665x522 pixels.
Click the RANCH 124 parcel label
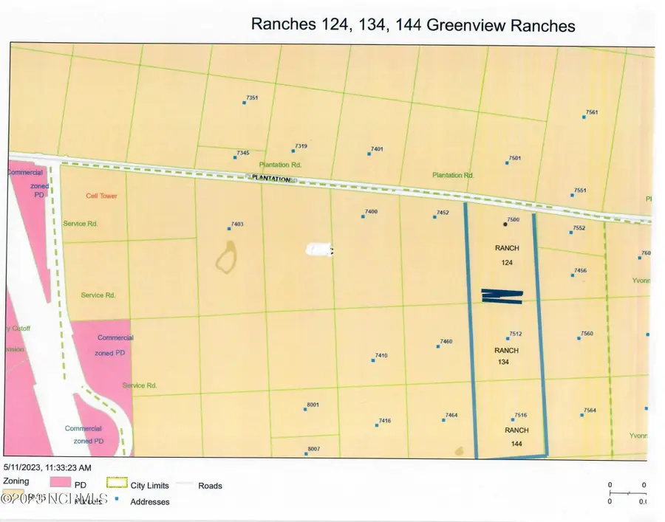(507, 255)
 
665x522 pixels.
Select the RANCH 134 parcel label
(507, 356)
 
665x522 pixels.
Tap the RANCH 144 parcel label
(516, 436)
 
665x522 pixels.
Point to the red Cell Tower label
(101, 196)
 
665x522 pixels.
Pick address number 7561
(591, 112)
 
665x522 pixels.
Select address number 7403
(237, 224)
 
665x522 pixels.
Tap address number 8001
(313, 405)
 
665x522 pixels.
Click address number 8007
(313, 449)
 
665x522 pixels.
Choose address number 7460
(446, 341)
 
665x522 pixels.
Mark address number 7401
(377, 149)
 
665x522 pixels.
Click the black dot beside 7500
(505, 223)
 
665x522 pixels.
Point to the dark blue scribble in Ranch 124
(502, 295)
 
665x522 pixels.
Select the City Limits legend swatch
(117, 485)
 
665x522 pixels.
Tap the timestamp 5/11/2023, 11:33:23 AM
(47, 467)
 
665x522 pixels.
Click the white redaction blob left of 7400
(318, 250)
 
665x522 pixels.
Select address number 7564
(589, 411)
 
